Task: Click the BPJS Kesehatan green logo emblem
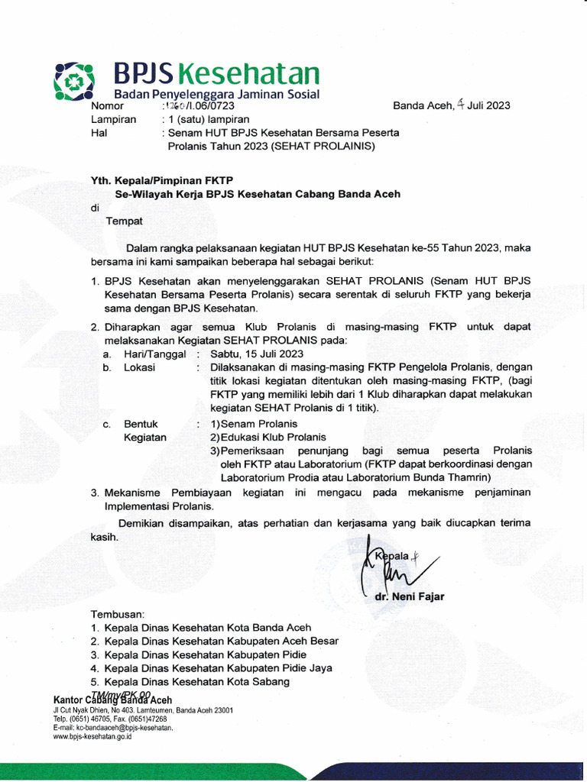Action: (x=74, y=79)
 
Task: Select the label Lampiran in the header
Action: (x=114, y=119)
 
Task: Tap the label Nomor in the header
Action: (x=108, y=106)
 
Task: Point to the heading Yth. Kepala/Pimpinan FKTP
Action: (x=162, y=180)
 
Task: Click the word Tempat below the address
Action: (x=124, y=221)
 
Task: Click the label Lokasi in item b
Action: (x=140, y=367)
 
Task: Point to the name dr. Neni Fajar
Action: (x=410, y=596)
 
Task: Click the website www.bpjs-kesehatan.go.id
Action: (x=92, y=737)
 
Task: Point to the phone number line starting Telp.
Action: (x=109, y=719)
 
